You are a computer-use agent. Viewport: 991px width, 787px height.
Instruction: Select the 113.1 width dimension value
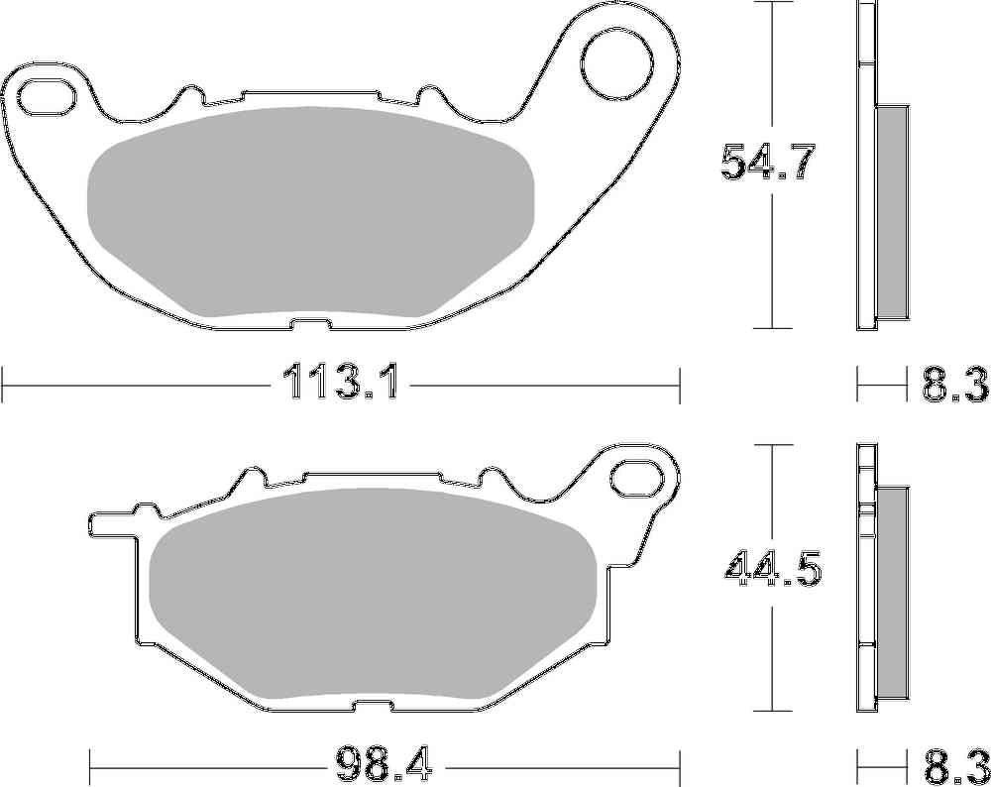tap(340, 383)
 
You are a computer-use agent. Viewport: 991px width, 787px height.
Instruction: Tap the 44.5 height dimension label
tap(773, 569)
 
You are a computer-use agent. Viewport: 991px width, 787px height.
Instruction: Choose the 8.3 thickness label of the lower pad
tap(955, 764)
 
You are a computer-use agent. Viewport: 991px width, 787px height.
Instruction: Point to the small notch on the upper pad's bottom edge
tap(309, 323)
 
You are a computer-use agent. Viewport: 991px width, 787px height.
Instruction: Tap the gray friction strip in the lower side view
tap(893, 590)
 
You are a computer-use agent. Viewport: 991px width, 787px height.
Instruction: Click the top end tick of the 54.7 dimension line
tap(772, 3)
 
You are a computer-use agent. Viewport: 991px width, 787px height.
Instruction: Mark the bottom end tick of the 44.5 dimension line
tap(772, 710)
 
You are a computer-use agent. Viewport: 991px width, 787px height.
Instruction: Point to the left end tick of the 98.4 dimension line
tap(90, 764)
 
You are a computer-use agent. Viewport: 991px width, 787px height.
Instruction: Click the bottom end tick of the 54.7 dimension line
tap(772, 328)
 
